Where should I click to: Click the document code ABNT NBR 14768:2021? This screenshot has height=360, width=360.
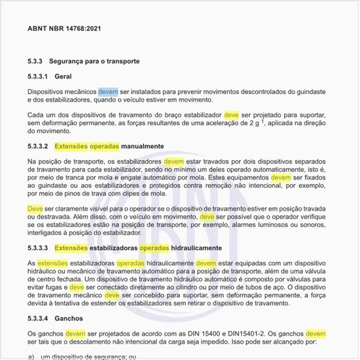[64, 29]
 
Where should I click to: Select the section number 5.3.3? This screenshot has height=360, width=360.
[35, 61]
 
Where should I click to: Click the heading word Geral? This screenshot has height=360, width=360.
[63, 77]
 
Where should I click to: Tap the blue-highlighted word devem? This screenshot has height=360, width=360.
[108, 92]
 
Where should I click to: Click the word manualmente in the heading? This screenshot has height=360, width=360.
[140, 145]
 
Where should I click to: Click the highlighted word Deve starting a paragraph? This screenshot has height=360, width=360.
[35, 208]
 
